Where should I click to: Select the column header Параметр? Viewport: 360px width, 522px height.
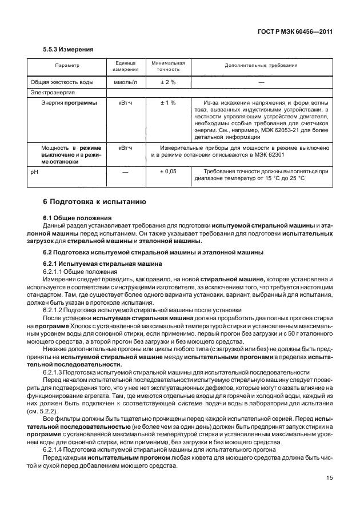(67, 66)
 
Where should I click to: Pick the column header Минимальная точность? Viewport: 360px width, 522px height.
(167, 66)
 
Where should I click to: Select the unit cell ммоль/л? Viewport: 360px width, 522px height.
(125, 82)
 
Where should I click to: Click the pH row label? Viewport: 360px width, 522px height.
(34, 171)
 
